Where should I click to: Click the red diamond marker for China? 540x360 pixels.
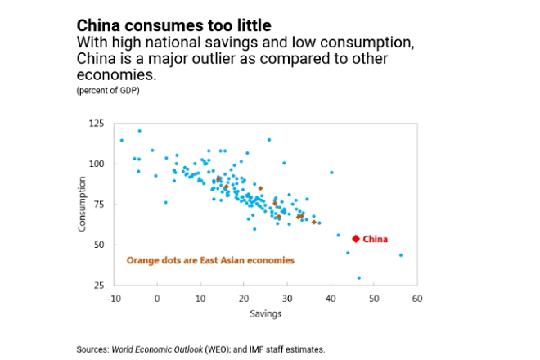[355, 239]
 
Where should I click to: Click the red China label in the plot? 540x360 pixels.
[375, 239]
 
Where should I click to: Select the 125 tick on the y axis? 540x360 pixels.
[97, 124]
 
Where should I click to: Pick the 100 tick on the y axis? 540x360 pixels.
[97, 164]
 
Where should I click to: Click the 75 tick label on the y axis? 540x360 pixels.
[99, 205]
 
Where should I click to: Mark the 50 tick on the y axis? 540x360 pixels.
[99, 245]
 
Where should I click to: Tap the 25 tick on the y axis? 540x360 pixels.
[99, 285]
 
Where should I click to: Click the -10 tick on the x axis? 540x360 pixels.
[113, 299]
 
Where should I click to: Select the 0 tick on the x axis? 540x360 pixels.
[157, 299]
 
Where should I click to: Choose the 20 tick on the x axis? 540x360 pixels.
[244, 299]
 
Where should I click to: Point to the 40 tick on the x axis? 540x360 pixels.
[331, 299]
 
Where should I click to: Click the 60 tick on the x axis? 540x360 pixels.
[416, 299]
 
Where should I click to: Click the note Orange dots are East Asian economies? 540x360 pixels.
[210, 260]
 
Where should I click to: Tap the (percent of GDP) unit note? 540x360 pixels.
[108, 89]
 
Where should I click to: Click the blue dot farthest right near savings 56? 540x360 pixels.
[401, 255]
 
